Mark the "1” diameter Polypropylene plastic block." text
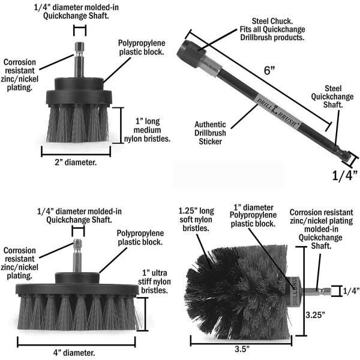[x=255, y=215]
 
